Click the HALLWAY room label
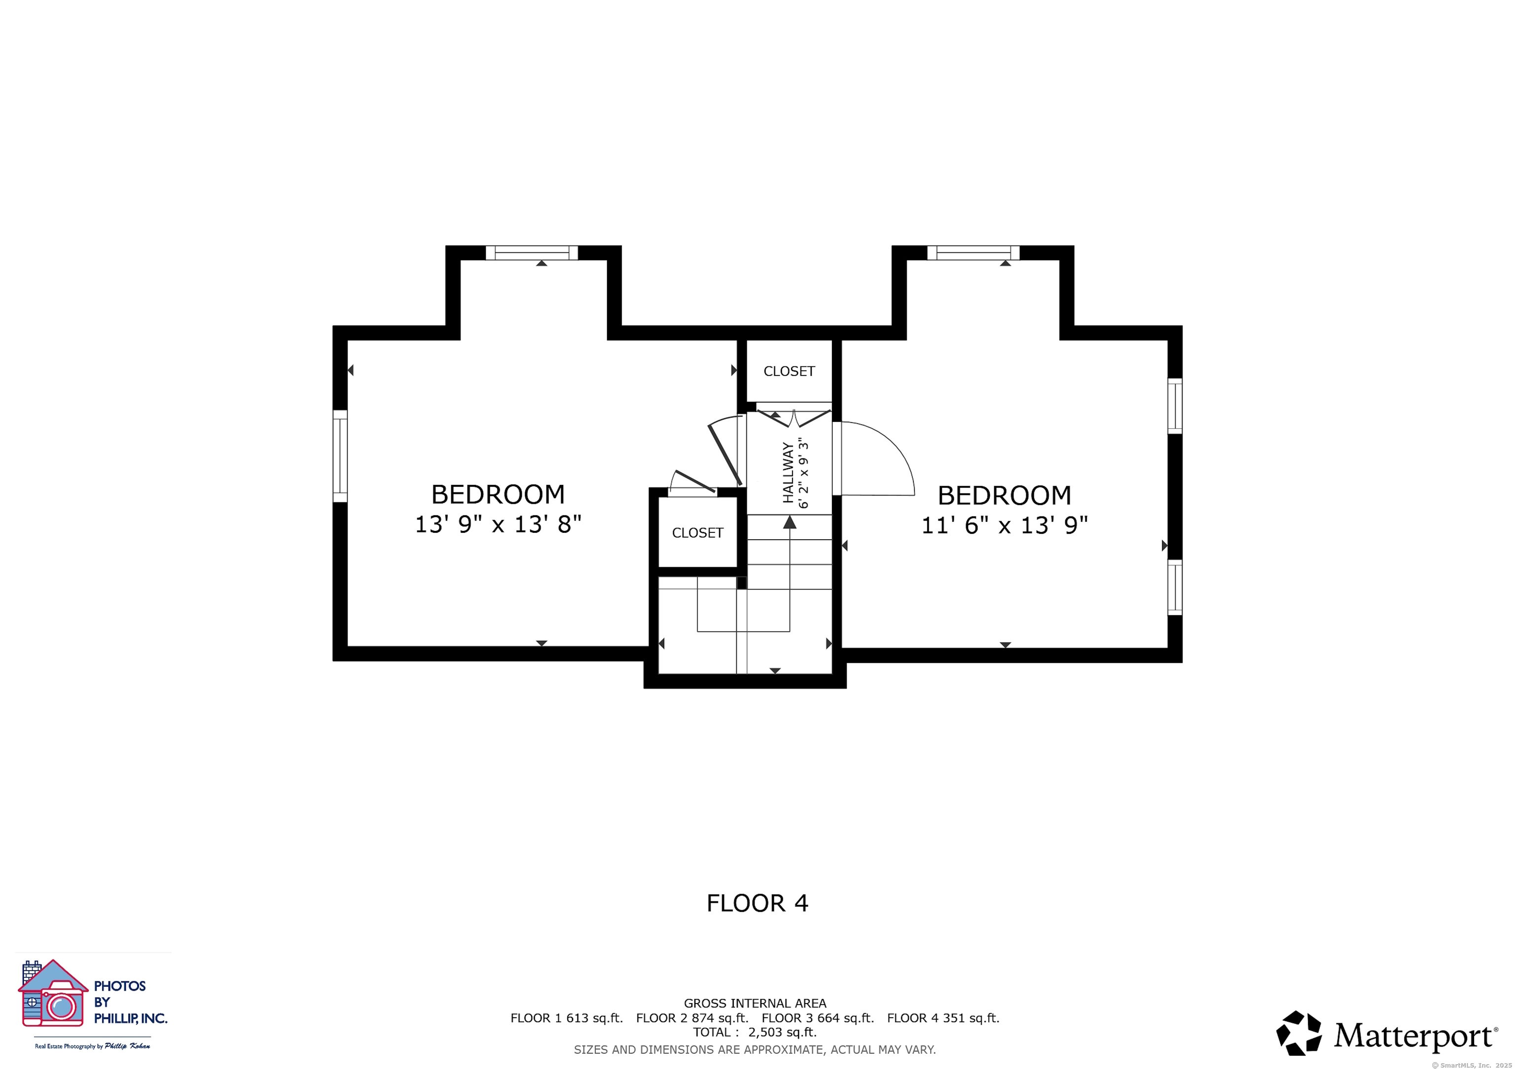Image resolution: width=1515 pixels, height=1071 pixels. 788,472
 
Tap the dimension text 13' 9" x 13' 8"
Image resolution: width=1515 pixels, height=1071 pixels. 498,524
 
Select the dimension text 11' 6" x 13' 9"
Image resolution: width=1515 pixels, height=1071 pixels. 1004,525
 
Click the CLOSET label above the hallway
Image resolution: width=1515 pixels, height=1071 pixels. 789,371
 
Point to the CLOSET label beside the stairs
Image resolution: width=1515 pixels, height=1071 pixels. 697,533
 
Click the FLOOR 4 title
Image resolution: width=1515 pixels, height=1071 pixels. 757,903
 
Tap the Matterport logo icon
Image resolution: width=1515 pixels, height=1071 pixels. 1299,1034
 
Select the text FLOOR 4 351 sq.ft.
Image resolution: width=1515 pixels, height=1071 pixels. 943,1018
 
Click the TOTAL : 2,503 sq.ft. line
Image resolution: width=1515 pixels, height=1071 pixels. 755,1032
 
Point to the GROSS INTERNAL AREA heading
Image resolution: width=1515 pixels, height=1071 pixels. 755,1003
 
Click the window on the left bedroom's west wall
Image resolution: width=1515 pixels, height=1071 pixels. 340,456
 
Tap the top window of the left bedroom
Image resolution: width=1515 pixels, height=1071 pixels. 532,252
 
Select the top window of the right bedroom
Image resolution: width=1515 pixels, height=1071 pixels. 974,252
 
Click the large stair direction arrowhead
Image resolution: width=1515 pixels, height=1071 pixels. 790,522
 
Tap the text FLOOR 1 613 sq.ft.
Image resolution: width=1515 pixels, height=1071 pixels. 567,1018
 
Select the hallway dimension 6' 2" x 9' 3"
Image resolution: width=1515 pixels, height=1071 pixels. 804,472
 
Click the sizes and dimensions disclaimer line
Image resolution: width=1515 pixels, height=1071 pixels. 755,1049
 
